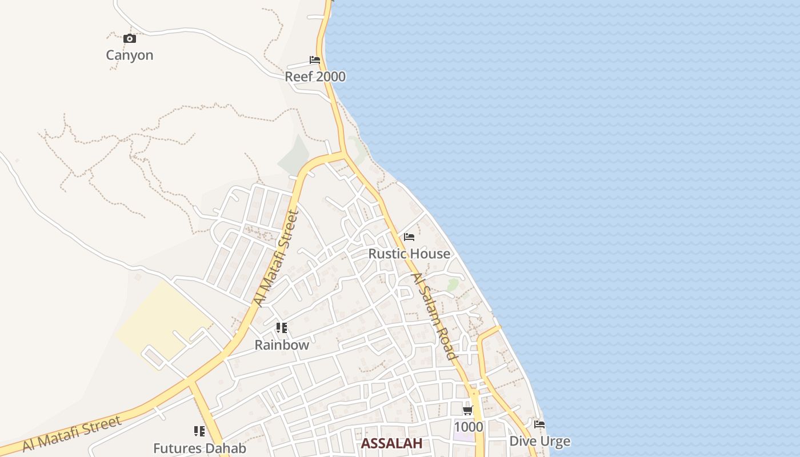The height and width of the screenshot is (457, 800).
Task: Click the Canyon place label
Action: (130, 55)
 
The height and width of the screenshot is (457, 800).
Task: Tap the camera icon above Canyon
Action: (130, 39)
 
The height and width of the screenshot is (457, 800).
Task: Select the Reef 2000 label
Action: (315, 77)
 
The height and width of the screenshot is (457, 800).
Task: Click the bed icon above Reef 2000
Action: (315, 60)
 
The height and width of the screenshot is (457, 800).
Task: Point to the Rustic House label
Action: (409, 254)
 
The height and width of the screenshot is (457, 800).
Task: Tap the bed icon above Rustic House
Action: (409, 237)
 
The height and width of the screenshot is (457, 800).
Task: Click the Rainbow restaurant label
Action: (282, 345)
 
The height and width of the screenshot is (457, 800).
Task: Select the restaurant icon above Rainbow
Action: (281, 328)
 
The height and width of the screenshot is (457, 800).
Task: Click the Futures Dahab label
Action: (199, 448)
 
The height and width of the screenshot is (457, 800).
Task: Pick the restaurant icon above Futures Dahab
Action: (199, 431)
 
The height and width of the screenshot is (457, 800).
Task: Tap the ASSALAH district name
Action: (392, 443)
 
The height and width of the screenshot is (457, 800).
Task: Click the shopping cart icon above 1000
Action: (468, 410)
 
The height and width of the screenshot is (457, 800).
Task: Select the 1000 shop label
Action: (468, 427)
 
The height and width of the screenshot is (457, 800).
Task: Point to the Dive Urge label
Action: (539, 441)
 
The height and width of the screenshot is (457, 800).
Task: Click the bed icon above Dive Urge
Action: (539, 424)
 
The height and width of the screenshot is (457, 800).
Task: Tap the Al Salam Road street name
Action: (434, 316)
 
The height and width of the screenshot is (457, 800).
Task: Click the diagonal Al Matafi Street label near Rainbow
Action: (277, 259)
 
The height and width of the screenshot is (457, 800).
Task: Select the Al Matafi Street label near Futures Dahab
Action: (72, 434)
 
